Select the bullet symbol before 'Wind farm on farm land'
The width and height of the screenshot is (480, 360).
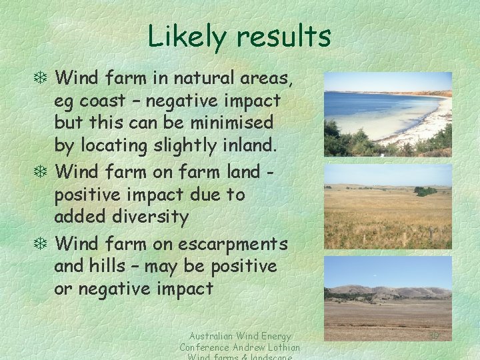44,172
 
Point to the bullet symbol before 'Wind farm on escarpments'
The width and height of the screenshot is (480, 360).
44,244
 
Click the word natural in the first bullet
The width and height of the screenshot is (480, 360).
208,79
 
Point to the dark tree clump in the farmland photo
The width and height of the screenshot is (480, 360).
425,191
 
